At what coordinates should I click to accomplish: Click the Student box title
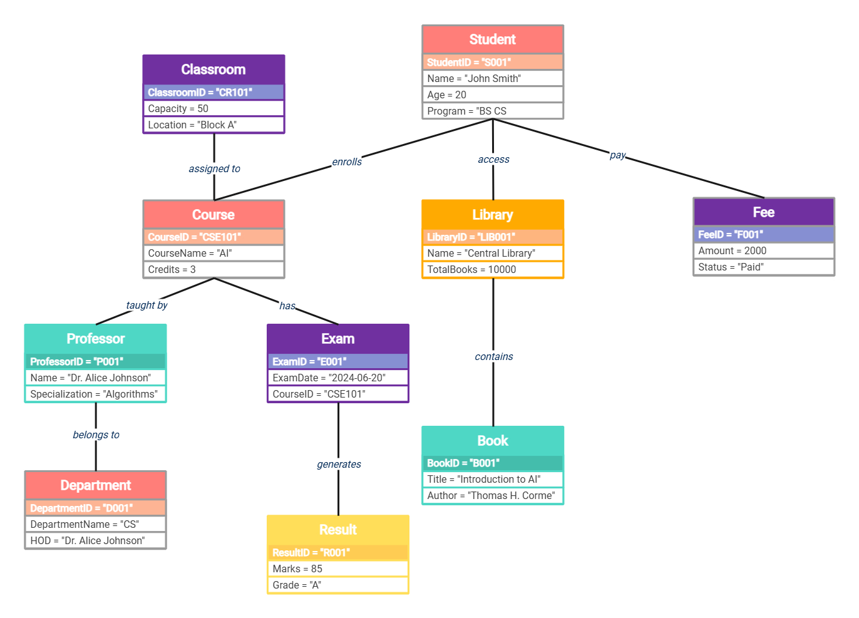coord(492,39)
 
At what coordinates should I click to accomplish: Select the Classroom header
coord(213,70)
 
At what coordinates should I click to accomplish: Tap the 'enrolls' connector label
coord(347,162)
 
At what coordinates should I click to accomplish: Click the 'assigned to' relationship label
coord(214,168)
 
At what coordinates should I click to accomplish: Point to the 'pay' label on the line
coord(617,155)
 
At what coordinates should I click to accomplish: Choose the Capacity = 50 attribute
coord(213,108)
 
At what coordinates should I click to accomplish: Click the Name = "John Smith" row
coord(492,78)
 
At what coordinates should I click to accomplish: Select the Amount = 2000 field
coord(763,250)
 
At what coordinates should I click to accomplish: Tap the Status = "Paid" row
coord(763,267)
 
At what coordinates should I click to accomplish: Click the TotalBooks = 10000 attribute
coord(492,269)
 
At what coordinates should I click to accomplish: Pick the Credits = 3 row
coord(213,269)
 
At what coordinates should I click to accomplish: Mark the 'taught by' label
coord(147,305)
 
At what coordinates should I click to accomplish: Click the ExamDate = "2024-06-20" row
coord(337,378)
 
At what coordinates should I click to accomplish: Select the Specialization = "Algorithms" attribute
coord(95,394)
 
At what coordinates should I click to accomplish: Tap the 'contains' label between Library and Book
coord(493,356)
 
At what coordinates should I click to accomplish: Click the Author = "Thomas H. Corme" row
coord(492,495)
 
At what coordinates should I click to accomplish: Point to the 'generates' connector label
coord(339,464)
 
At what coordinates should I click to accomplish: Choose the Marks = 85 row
coord(337,569)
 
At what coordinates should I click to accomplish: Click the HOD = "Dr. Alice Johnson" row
coord(95,540)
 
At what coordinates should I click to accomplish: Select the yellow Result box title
coord(337,530)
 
